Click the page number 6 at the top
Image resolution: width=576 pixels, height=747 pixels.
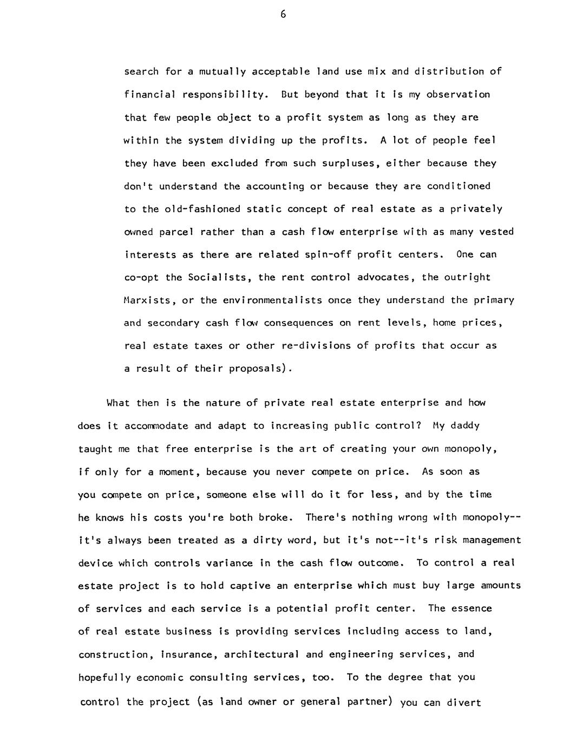coord(283,15)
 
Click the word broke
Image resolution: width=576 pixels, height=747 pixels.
coord(276,517)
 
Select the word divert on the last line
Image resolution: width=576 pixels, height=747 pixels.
coord(464,703)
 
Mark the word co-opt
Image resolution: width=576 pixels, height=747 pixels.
coord(142,278)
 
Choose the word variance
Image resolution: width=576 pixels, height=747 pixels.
coord(230,563)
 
